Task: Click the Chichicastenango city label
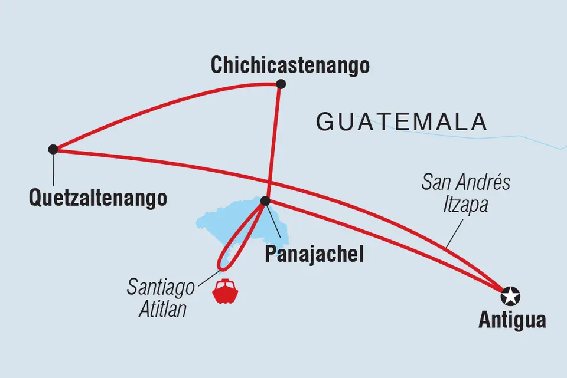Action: tap(290, 65)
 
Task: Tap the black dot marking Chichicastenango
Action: tap(281, 84)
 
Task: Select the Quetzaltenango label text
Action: tap(97, 198)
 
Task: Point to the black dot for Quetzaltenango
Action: tap(53, 149)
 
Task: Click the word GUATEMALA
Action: tap(402, 121)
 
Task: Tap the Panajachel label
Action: tap(314, 255)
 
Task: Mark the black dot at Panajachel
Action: tap(265, 201)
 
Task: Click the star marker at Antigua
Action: tap(510, 294)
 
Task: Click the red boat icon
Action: tap(225, 292)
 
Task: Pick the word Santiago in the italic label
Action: tap(161, 288)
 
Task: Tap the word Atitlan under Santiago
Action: tap(162, 309)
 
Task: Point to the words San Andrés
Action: tap(466, 182)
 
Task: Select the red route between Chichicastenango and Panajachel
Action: tap(273, 142)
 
